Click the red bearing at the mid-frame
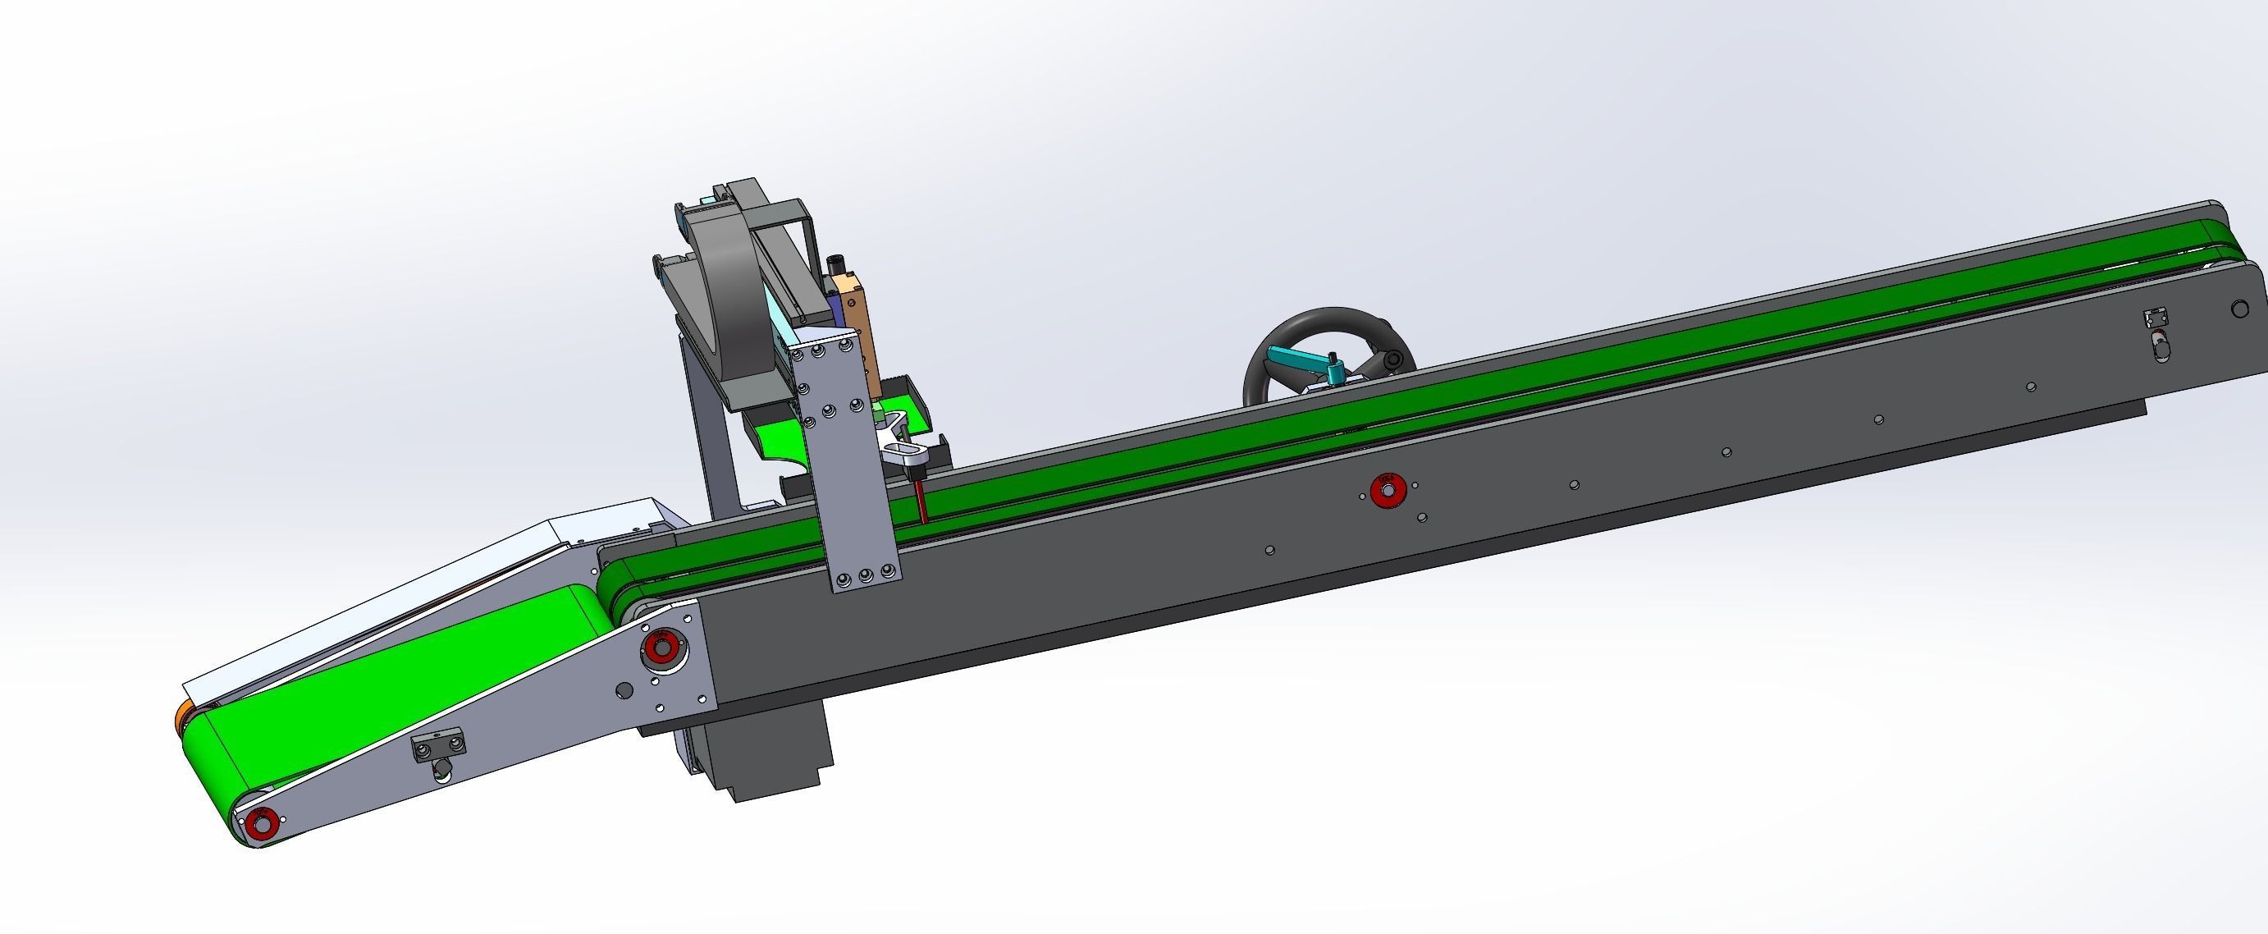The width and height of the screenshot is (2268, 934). point(1388,490)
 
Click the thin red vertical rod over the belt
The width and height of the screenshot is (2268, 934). point(919,501)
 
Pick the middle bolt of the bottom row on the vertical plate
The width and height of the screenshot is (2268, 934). point(865,577)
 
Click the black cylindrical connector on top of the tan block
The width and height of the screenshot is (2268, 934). point(837,264)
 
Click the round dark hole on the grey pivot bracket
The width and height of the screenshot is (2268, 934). point(624,689)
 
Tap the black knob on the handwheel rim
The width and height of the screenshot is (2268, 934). point(1392,360)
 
